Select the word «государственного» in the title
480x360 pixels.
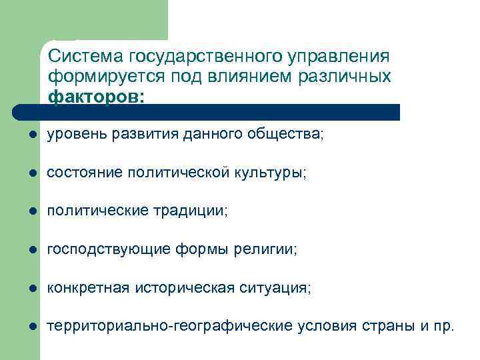point(194,54)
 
